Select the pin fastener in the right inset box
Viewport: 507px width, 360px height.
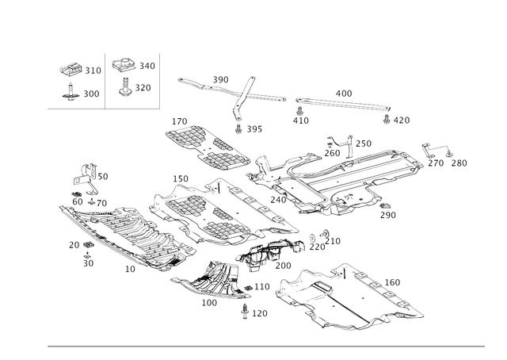coord(125,87)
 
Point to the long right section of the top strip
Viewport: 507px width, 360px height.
coord(341,103)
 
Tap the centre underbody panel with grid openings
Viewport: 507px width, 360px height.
coord(206,210)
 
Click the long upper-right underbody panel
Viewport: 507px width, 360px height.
coord(349,178)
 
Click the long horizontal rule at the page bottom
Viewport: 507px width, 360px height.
coord(265,346)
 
